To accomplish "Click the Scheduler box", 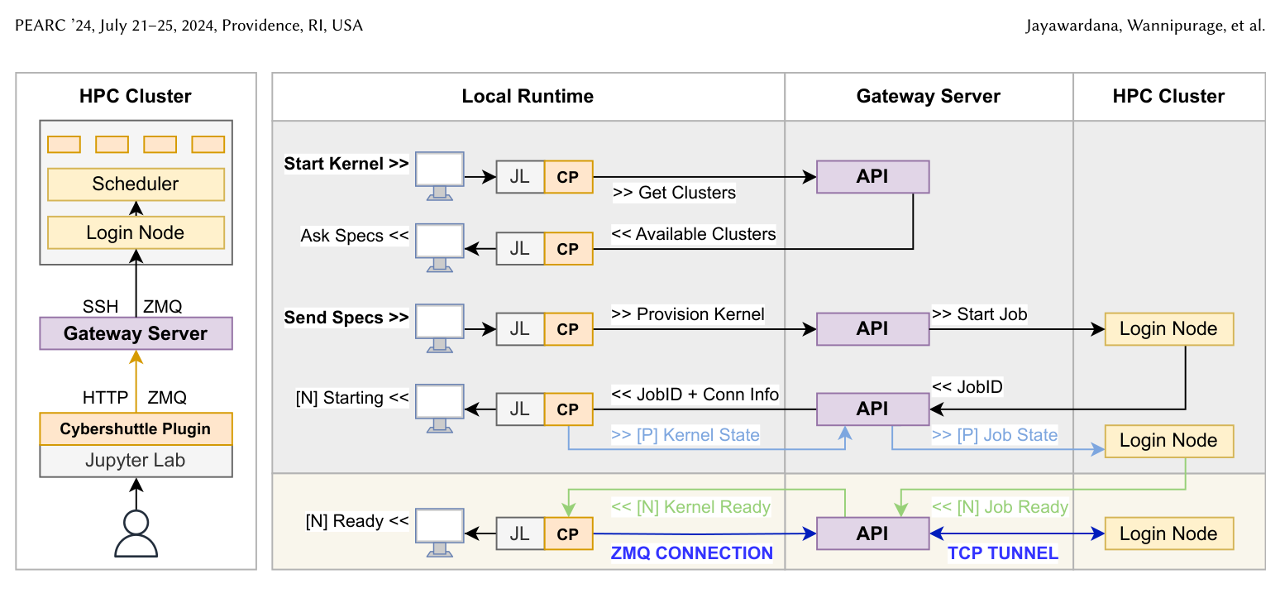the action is (136, 184).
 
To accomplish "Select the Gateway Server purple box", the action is (136, 333).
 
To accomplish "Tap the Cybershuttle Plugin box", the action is (136, 428).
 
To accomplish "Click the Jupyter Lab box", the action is (136, 461).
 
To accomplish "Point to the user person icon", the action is (136, 533).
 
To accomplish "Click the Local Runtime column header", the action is (528, 96).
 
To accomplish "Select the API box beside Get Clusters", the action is (872, 177).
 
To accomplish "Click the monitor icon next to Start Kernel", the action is (439, 176).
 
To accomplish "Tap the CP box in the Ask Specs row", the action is (568, 249).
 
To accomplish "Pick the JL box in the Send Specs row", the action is (520, 328).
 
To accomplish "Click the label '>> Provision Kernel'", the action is (687, 313).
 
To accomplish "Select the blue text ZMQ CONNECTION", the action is (691, 553).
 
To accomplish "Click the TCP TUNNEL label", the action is (1003, 553).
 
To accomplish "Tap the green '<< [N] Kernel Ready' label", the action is (691, 506).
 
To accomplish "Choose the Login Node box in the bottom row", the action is (1168, 533).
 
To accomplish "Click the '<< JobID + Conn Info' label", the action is (695, 394).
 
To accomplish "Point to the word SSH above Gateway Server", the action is (101, 306).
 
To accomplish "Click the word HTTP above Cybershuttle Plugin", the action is (105, 397).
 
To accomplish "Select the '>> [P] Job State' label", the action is (994, 434).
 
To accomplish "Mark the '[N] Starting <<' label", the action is (352, 397).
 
